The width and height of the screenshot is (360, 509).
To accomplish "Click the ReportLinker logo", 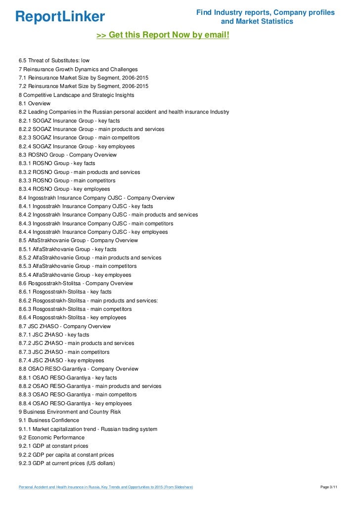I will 60,17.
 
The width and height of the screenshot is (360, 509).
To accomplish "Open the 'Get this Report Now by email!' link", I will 163,36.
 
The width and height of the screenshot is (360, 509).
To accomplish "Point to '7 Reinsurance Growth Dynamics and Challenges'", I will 78,69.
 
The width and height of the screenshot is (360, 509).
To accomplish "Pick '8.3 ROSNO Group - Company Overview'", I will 67,155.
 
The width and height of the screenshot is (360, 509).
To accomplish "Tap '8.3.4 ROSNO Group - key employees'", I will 64,189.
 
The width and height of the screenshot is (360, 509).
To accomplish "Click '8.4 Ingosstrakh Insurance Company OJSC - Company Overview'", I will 96,198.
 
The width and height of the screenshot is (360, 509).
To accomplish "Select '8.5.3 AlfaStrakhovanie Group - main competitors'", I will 78,266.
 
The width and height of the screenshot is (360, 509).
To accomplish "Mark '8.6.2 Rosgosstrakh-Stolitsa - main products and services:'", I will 88,300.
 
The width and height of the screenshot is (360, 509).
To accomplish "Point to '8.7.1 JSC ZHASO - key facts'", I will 54,335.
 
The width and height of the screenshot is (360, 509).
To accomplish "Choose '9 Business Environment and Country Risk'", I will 70,412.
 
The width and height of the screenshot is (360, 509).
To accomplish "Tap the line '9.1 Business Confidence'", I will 48,421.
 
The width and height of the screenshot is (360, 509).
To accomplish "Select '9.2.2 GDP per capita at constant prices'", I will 66,455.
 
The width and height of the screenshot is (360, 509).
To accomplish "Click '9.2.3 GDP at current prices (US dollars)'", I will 67,463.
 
